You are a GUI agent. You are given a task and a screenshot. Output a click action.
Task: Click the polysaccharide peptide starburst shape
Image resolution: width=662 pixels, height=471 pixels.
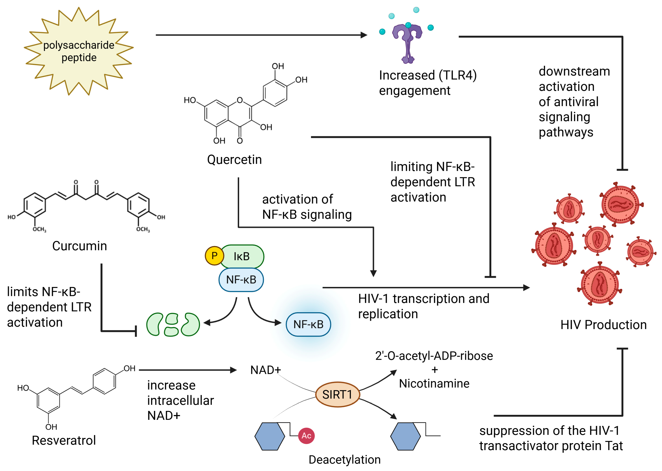click(79, 51)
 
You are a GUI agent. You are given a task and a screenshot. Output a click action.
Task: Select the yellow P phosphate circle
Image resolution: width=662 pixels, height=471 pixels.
click(214, 256)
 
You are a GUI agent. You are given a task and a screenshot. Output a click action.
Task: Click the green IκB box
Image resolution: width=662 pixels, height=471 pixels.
click(242, 256)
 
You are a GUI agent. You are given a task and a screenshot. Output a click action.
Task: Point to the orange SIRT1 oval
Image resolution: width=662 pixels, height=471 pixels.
click(338, 394)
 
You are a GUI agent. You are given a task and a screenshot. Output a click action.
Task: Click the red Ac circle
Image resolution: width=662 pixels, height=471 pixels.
click(306, 436)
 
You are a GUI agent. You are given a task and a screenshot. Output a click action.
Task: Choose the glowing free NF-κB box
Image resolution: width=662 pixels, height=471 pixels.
click(308, 324)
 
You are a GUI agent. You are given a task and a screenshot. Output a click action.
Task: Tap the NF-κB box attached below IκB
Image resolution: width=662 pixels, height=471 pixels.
click(241, 280)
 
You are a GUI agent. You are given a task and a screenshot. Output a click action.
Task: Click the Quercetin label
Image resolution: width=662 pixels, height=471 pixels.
click(234, 160)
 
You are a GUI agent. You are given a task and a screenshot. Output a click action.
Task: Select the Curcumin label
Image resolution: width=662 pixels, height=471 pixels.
click(79, 246)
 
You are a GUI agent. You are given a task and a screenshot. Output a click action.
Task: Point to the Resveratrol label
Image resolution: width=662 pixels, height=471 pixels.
click(64, 440)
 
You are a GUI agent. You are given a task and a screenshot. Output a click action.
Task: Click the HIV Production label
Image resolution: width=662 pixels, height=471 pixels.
click(603, 325)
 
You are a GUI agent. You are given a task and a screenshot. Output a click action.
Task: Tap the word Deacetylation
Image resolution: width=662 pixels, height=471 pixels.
click(345, 460)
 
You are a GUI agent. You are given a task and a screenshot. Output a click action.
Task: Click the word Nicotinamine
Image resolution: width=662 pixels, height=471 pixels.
click(434, 384)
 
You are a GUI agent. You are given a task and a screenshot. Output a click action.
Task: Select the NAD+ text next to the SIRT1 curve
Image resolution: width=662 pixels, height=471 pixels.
click(266, 370)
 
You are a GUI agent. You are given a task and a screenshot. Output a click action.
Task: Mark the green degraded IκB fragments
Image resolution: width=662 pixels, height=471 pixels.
click(173, 324)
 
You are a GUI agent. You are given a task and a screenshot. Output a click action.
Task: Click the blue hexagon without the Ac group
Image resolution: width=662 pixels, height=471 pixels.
click(405, 436)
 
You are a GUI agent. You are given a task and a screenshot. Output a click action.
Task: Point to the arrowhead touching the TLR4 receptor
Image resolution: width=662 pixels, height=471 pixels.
click(364, 35)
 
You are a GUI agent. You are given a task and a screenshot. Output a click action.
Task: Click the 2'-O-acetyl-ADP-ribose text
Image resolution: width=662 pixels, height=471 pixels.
click(434, 356)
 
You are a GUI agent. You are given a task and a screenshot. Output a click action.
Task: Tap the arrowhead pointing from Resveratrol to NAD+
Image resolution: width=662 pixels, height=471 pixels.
click(233, 370)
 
